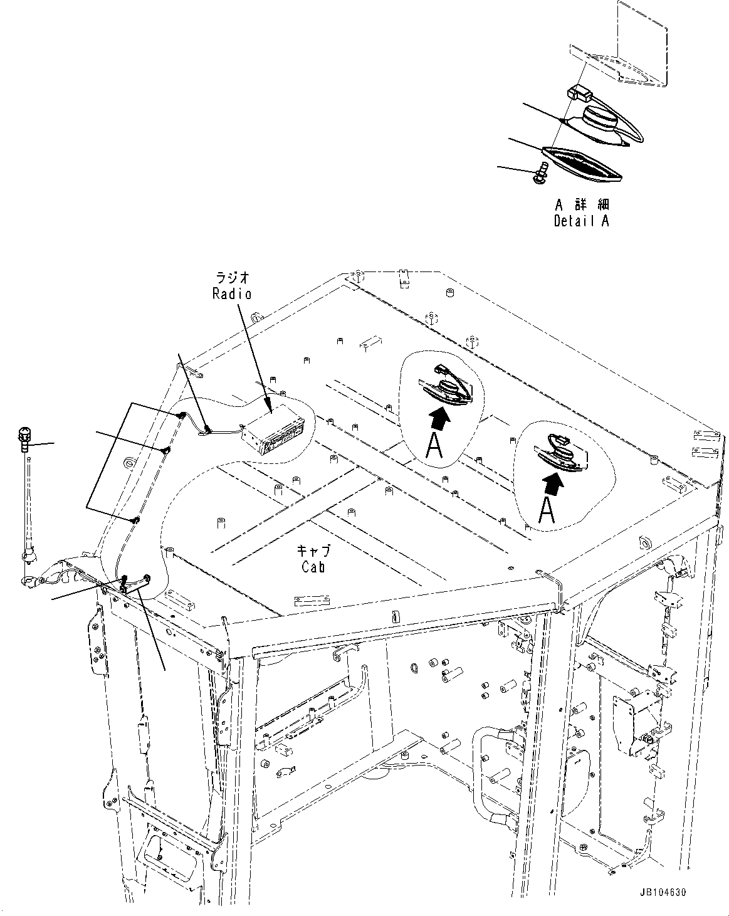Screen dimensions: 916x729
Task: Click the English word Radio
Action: pyautogui.click(x=232, y=293)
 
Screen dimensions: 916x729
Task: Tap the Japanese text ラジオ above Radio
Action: pyautogui.click(x=233, y=278)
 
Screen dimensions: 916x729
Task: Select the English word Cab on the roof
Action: pyautogui.click(x=313, y=567)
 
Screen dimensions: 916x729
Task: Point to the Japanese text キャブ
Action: pyautogui.click(x=313, y=551)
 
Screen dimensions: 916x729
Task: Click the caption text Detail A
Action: pyautogui.click(x=581, y=221)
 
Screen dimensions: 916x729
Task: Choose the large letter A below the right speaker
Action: pyautogui.click(x=547, y=511)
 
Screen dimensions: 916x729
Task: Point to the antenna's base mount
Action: pyautogui.click(x=27, y=555)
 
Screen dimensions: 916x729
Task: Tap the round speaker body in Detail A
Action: pyautogui.click(x=601, y=120)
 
